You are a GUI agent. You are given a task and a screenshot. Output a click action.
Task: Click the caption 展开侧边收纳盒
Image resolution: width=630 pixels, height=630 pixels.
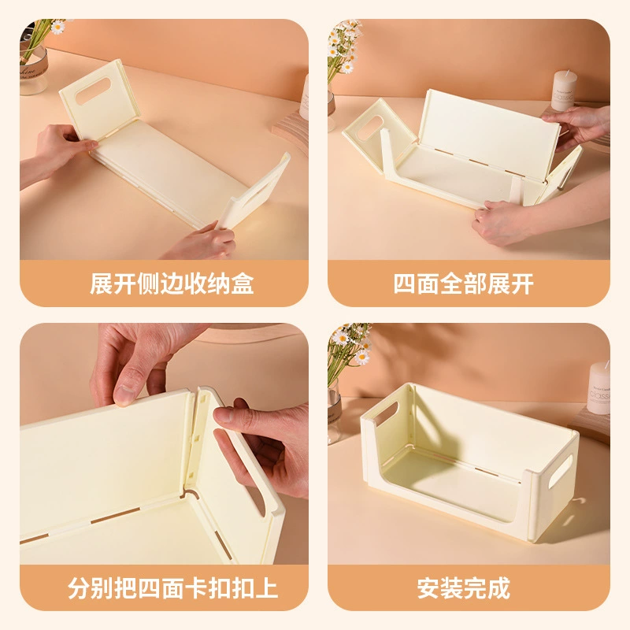tap(172, 284)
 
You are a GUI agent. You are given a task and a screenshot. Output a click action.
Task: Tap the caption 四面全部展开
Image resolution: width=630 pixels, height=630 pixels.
tap(463, 284)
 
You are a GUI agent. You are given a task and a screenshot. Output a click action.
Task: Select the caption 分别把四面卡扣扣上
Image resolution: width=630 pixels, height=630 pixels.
tap(173, 588)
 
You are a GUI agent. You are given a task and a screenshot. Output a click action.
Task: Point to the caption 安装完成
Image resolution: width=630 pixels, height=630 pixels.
tap(463, 588)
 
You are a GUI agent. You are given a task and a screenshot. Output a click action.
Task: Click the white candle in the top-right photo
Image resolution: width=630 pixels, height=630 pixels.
tap(564, 90)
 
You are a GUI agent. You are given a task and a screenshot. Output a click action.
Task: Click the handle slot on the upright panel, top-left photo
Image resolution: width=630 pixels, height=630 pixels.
tap(93, 91)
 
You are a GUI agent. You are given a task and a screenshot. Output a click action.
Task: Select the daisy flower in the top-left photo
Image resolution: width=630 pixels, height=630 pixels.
tap(58, 27)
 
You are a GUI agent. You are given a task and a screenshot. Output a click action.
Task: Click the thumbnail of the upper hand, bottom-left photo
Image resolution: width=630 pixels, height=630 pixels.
tap(124, 394)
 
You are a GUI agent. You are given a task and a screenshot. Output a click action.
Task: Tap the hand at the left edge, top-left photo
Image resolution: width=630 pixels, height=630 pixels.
tap(58, 154)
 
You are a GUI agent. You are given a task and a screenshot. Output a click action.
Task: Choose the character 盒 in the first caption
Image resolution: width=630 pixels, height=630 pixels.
tap(243, 284)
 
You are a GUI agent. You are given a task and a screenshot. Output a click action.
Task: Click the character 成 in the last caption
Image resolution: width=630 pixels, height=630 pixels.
tap(499, 588)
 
